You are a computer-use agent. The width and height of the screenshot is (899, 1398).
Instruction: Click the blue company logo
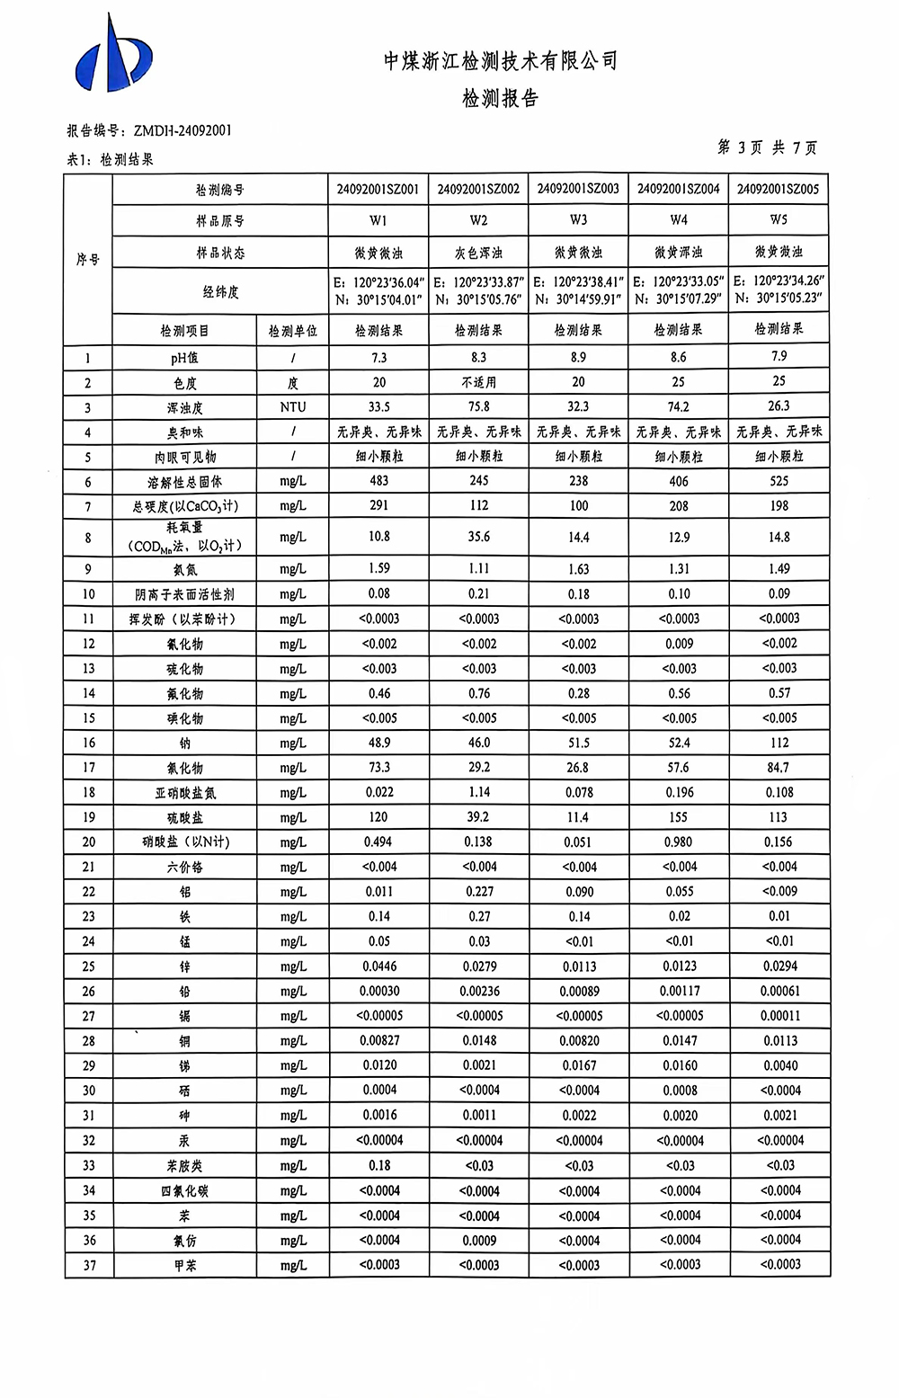point(112,56)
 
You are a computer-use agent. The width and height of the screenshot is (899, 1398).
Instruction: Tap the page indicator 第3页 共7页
point(767,147)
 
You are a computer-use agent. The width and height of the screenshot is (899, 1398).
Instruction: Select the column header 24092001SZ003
point(578,189)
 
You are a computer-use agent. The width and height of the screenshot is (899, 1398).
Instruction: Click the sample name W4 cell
point(679,220)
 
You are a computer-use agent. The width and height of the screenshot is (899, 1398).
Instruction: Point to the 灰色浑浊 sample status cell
point(478,253)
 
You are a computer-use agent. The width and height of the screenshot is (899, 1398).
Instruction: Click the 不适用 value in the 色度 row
point(478,382)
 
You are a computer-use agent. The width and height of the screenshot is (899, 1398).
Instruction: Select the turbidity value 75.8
point(478,406)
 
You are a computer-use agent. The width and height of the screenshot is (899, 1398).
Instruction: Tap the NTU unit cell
point(292,407)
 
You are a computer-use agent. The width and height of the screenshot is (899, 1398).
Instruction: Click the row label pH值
point(184,358)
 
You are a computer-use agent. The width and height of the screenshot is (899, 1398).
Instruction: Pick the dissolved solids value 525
point(779,481)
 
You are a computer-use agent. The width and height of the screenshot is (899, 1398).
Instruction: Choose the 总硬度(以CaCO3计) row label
point(184,506)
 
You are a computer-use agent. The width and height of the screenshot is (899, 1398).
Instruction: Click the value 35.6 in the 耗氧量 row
point(478,537)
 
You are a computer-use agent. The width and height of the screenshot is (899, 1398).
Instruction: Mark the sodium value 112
point(779,743)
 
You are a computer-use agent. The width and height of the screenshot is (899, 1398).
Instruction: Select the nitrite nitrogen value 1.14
point(478,792)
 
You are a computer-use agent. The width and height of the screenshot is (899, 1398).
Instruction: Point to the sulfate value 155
point(679,817)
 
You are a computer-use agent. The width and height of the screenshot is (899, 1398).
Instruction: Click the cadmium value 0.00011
point(779,1016)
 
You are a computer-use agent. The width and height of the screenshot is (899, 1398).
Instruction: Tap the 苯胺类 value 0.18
point(379,1165)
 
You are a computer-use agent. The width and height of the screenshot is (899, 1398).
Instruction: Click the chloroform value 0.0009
point(478,1240)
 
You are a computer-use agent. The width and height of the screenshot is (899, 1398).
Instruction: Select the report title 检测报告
point(500,99)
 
